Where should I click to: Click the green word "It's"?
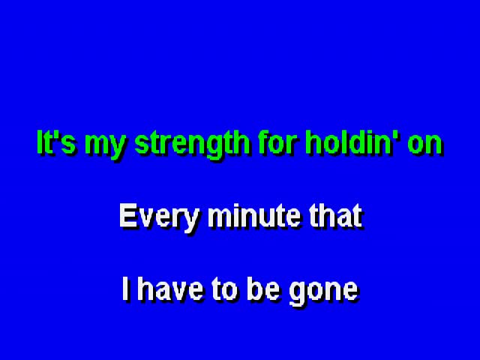56,142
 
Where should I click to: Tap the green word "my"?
105,145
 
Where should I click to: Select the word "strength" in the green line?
192,145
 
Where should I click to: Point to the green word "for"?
277,142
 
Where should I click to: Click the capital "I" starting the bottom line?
125,288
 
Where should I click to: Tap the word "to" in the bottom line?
224,289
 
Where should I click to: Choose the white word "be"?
263,288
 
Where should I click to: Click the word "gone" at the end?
323,292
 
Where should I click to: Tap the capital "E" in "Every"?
128,215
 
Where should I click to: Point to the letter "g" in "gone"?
297,294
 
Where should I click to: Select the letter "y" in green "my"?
117,148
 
